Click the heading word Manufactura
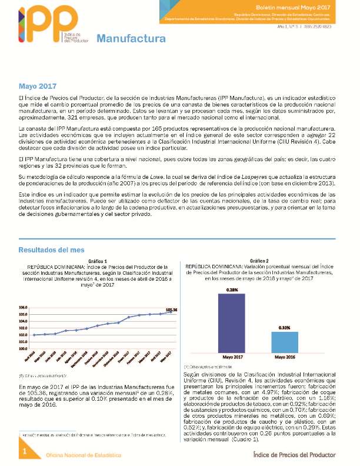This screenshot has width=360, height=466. (131, 39)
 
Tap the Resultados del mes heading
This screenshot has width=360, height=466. (54, 249)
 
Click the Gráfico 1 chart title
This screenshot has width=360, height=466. (98, 261)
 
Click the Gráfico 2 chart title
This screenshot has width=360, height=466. (259, 261)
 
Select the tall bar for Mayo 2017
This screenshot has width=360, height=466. (231, 322)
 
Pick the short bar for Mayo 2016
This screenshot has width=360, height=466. (284, 341)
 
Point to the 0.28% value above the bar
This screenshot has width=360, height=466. (231, 289)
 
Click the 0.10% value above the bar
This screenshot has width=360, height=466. (284, 328)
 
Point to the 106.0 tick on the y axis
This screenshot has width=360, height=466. (24, 308)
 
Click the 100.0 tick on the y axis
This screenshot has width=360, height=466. (24, 348)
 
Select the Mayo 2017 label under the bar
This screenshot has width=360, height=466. (231, 357)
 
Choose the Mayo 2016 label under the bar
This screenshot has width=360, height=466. (284, 357)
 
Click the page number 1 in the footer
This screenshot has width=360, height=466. (25, 451)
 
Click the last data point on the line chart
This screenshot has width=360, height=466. (171, 312)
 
